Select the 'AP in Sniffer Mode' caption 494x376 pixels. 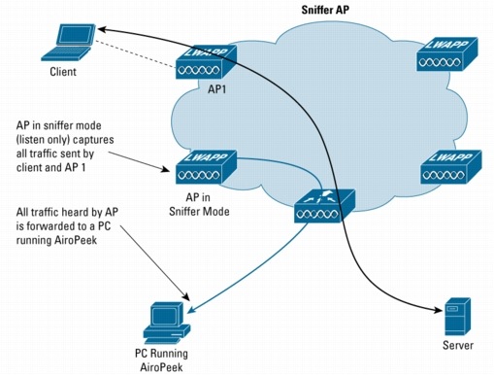[200, 204]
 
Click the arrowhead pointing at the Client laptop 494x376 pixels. [100, 32]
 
